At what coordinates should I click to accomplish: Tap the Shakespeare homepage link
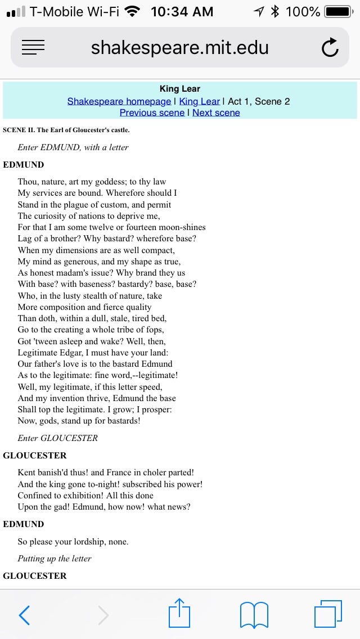(x=119, y=101)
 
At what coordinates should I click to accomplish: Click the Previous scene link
(x=152, y=112)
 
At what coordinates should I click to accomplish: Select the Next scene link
(x=216, y=112)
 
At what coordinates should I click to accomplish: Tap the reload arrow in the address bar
(x=330, y=48)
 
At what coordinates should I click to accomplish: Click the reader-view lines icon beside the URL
(x=33, y=48)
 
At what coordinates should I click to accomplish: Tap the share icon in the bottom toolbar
(x=179, y=613)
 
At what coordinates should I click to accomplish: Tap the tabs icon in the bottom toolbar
(x=328, y=613)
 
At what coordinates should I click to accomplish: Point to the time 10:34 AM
(x=182, y=11)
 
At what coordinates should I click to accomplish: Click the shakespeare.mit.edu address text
(x=179, y=48)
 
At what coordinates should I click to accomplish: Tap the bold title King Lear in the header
(x=180, y=89)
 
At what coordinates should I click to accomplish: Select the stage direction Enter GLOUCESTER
(x=57, y=438)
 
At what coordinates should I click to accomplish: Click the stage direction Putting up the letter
(x=54, y=559)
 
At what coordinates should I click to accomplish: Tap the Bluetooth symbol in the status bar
(x=275, y=11)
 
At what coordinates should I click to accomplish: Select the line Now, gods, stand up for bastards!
(x=79, y=421)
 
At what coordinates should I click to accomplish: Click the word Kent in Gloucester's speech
(x=28, y=472)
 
